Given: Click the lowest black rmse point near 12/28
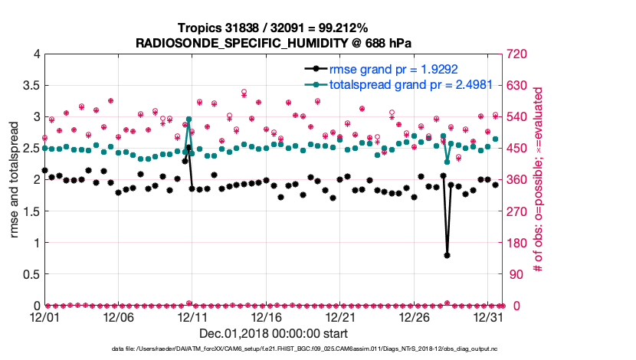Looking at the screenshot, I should (447, 255).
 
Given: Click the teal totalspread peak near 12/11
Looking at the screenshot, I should (189, 119).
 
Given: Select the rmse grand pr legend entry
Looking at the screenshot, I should (377, 70).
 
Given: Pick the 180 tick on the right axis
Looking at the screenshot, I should (516, 243).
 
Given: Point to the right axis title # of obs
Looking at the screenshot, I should (538, 180).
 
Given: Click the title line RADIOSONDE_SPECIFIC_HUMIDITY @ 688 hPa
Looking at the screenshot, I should (274, 43).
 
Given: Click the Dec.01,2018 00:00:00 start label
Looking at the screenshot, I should (274, 334).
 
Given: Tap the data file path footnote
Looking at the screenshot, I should (305, 349).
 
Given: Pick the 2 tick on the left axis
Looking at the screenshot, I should (35, 180).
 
